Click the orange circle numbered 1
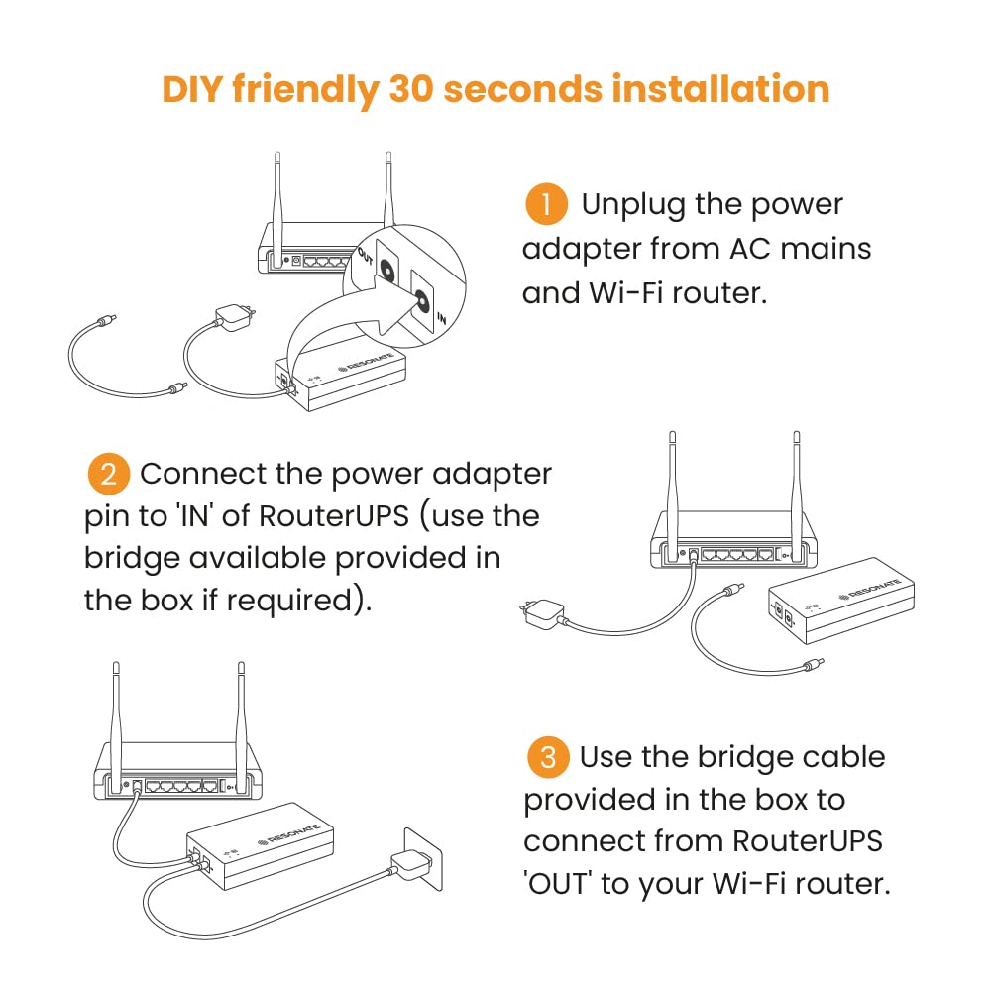pyautogui.click(x=546, y=204)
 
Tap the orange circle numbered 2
pyautogui.click(x=108, y=474)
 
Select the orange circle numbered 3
pyautogui.click(x=548, y=757)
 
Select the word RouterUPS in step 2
pyautogui.click(x=333, y=515)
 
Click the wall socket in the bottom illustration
pyautogui.click(x=423, y=858)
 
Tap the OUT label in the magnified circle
pyautogui.click(x=366, y=256)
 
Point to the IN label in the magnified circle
pyautogui.click(x=441, y=318)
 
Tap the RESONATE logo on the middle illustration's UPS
pyautogui.click(x=869, y=589)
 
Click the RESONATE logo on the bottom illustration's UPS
pyautogui.click(x=288, y=834)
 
